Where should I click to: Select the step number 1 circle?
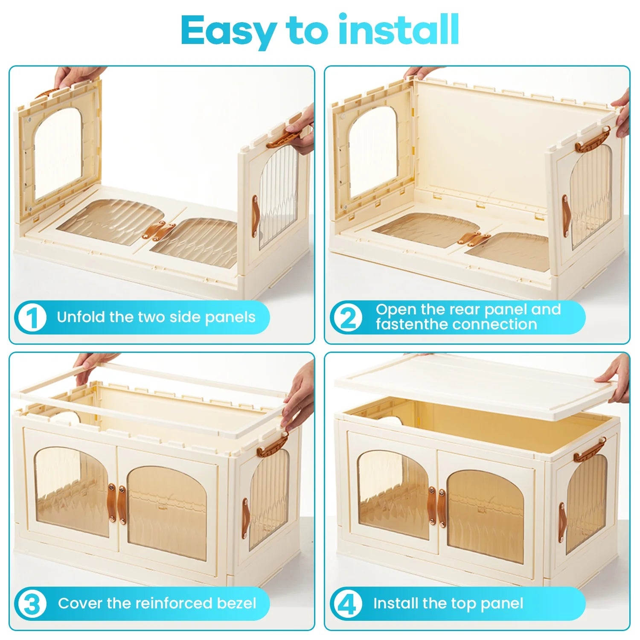[31, 317]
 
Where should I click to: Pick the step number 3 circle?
[31, 603]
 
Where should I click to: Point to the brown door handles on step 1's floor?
[159, 231]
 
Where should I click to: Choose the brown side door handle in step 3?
[246, 517]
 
